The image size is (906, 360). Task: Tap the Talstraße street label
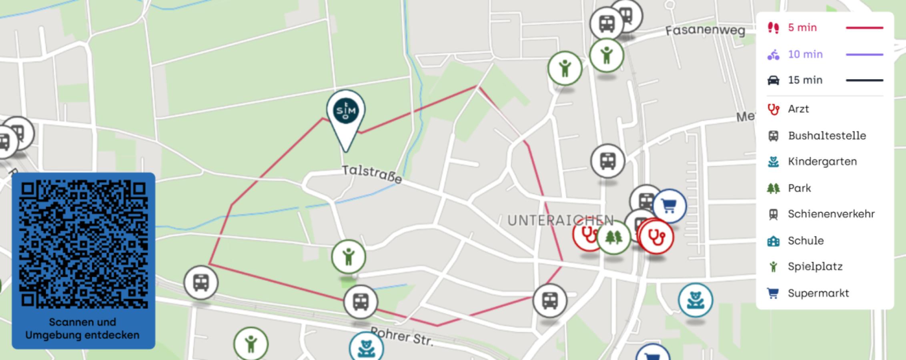tap(372, 175)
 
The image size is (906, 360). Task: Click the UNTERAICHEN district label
tap(560, 220)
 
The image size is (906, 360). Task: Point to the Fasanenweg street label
tap(705, 31)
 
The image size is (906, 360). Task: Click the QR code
tap(83, 244)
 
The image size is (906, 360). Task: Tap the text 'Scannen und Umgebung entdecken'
tap(82, 328)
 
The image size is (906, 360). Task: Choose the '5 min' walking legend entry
tap(802, 28)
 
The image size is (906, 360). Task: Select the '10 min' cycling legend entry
tap(805, 54)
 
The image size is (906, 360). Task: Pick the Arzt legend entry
tap(798, 109)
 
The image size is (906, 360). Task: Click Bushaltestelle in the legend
tap(826, 136)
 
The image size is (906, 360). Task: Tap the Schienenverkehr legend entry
tap(831, 214)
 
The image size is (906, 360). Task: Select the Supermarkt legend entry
tap(818, 293)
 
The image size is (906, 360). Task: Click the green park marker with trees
tap(613, 238)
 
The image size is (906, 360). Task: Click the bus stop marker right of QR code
tap(201, 282)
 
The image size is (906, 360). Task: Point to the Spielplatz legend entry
tap(815, 267)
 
